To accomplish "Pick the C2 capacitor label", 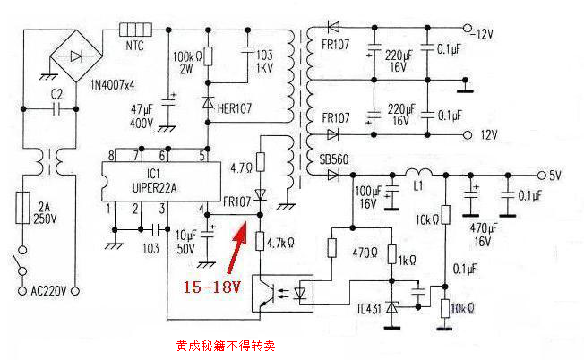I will tap(56, 93).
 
